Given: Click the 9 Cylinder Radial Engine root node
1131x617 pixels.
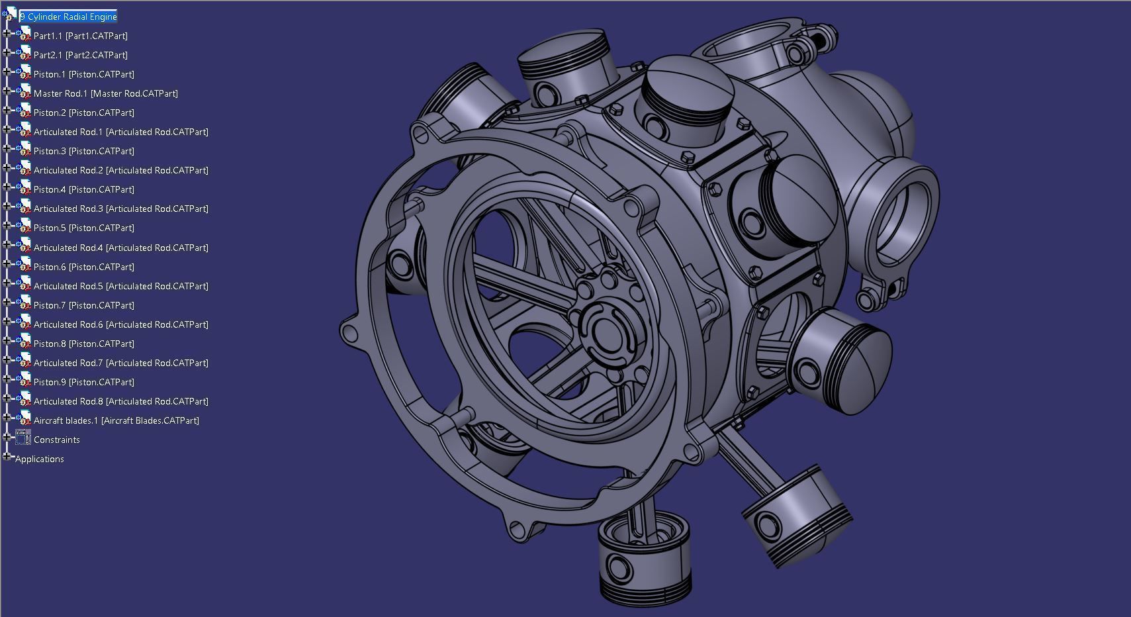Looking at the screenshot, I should [x=68, y=17].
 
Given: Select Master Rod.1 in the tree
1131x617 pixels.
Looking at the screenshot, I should [x=105, y=93].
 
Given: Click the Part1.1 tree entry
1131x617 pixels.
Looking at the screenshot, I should [x=80, y=36].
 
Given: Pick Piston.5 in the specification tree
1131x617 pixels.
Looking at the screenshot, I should [x=83, y=228].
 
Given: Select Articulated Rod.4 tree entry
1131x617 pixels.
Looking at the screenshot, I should [x=120, y=248].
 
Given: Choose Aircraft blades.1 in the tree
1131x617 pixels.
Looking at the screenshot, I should [x=116, y=420].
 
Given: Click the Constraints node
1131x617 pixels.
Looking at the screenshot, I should [x=56, y=440].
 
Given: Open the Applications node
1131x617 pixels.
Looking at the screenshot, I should [x=40, y=459].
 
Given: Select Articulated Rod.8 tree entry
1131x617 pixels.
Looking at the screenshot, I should [x=120, y=401].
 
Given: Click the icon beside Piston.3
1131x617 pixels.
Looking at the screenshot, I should [x=24, y=150].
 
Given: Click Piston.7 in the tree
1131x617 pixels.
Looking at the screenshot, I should [x=83, y=305].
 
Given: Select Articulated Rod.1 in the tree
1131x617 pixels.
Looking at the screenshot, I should [x=120, y=132].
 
